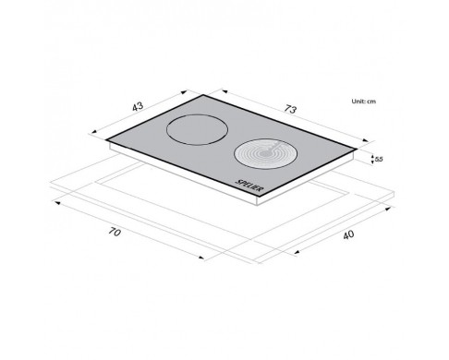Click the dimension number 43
138,106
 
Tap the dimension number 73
290,109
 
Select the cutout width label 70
115,232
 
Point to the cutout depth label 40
348,235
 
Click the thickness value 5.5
379,160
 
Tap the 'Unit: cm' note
364,102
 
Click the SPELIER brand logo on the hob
249,186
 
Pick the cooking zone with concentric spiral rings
265,154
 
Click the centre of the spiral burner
264,153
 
